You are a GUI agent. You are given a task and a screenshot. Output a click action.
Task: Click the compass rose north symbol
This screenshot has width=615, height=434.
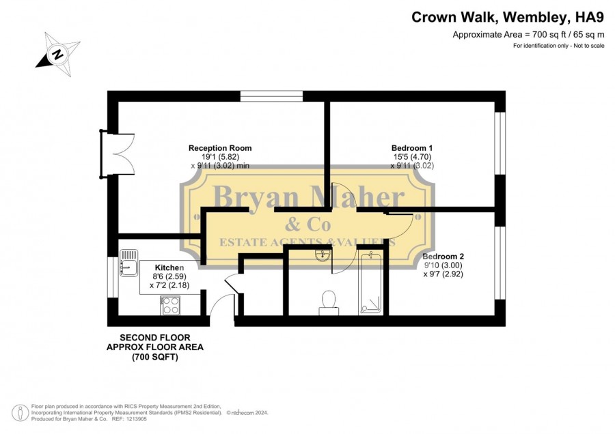tap(58, 54)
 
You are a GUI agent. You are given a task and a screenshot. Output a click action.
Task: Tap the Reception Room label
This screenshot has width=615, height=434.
tap(220, 148)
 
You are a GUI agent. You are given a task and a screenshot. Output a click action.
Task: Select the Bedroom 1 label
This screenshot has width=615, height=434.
tap(412, 148)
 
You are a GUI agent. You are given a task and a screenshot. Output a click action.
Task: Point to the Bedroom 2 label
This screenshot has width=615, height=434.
tap(443, 257)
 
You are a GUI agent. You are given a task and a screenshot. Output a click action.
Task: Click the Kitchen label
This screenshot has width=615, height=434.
tap(169, 267)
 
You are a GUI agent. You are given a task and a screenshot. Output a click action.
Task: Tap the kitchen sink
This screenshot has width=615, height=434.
tap(128, 263)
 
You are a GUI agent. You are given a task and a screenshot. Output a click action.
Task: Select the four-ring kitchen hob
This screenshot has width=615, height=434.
tap(170, 306)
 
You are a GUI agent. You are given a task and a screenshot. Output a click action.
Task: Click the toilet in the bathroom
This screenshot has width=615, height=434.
tap(329, 303)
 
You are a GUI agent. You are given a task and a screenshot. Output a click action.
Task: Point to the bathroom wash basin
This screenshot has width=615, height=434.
tap(323, 255)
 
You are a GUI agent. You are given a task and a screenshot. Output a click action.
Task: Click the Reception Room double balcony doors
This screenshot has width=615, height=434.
tap(118, 154)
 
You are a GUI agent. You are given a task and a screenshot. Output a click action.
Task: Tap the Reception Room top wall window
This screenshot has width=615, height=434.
tap(271, 96)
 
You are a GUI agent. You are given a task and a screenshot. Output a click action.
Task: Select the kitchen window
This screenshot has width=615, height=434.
tap(113, 277)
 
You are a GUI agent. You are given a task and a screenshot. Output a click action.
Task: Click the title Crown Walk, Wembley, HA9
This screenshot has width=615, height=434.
tap(508, 17)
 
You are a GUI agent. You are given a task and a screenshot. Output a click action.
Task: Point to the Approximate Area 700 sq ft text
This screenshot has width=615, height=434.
tap(529, 35)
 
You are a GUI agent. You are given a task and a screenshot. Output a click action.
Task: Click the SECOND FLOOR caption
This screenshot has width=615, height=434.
tap(155, 338)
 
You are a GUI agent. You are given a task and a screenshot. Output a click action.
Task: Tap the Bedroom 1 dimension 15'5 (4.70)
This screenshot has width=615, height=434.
tap(412, 157)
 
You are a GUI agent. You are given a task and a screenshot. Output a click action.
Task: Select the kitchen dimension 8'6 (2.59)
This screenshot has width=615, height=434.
tap(169, 276)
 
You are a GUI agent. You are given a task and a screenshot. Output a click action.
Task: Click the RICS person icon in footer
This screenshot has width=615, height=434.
tap(20, 413)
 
